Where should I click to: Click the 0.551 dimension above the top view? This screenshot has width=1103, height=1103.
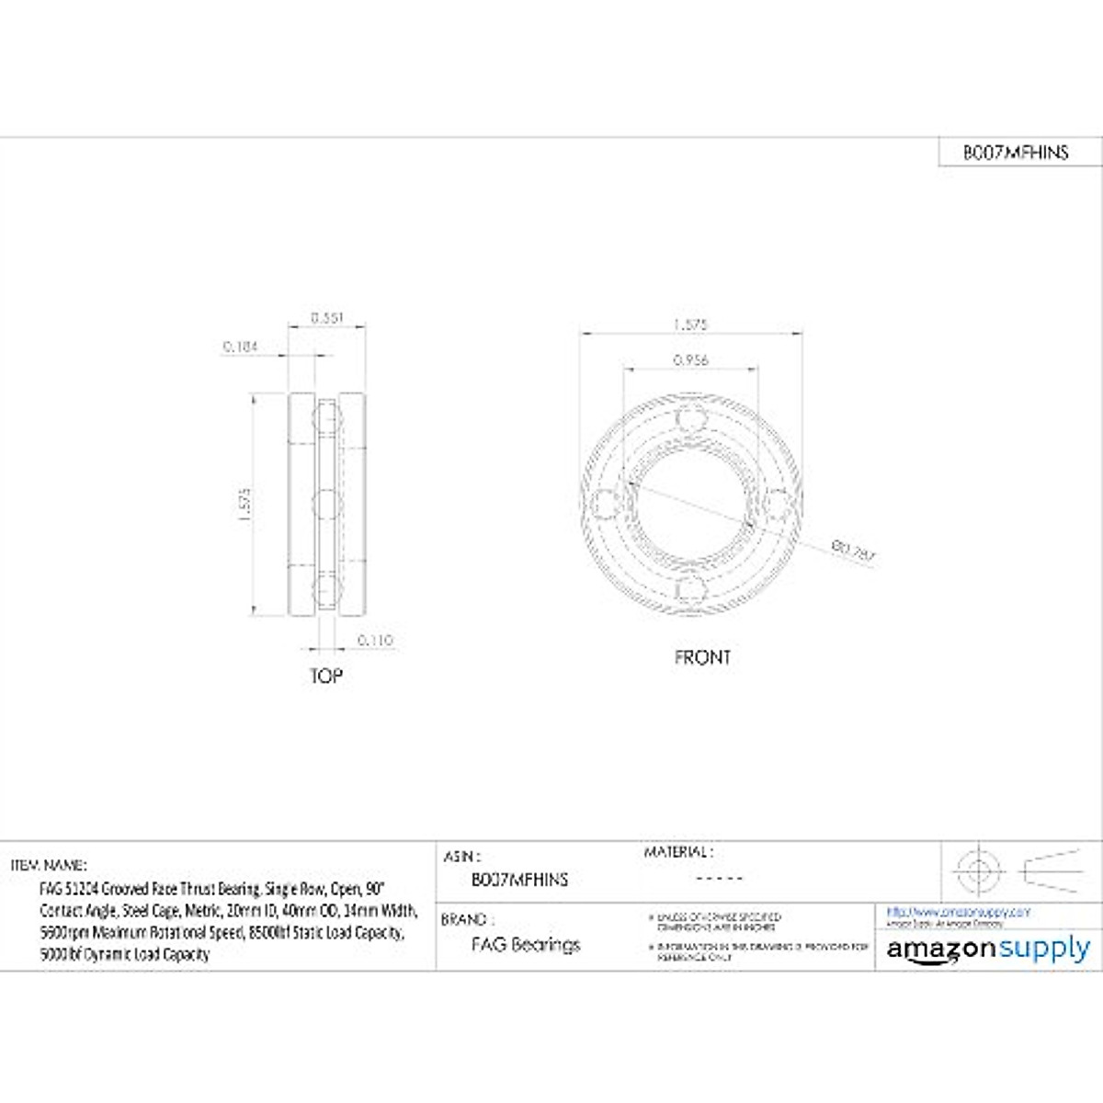coord(326,317)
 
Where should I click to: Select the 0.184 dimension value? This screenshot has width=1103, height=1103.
coord(240,347)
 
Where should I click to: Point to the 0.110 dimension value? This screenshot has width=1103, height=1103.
coord(374,640)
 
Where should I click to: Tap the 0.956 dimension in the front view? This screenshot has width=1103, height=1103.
coord(690,360)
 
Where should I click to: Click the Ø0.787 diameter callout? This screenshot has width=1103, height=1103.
coord(854,552)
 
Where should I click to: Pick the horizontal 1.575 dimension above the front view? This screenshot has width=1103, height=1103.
coord(690,324)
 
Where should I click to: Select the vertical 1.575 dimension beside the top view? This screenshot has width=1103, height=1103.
coord(244,505)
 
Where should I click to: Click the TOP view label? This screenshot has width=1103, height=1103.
coord(325,676)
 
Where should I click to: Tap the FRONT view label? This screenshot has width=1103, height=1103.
coord(702,657)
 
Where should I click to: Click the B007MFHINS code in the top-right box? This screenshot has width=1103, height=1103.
coord(1016,153)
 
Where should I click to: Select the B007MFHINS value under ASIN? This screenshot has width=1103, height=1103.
coord(519,880)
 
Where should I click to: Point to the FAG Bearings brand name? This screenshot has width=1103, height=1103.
coord(526,944)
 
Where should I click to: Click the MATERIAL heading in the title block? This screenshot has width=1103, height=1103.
coord(678,852)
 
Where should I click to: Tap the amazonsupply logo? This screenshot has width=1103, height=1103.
coord(988,949)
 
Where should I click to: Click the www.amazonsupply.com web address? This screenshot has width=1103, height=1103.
coord(959,912)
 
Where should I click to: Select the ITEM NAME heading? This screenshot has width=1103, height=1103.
coord(49,865)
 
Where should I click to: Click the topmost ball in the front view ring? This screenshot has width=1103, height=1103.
coord(690,420)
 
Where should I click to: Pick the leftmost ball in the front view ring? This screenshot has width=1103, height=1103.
coord(604,504)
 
